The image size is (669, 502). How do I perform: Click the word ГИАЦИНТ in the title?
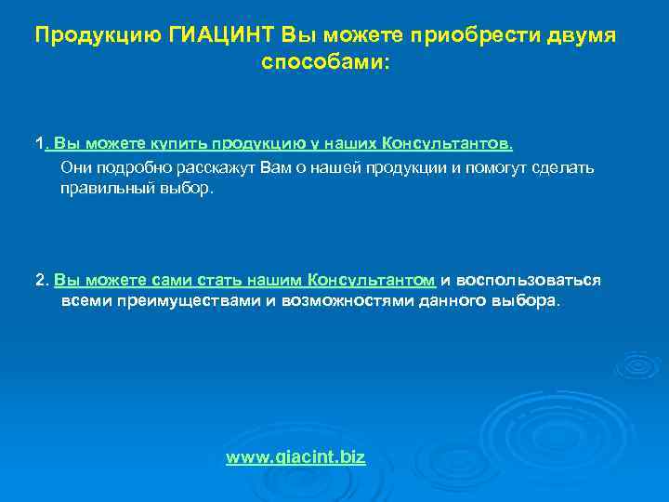pyautogui.click(x=219, y=35)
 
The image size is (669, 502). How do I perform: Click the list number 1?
pyautogui.click(x=38, y=144)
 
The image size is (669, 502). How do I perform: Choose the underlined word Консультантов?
pyautogui.click(x=447, y=144)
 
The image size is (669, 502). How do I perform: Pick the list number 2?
pyautogui.click(x=39, y=280)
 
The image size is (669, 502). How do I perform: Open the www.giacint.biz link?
pyautogui.click(x=295, y=457)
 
